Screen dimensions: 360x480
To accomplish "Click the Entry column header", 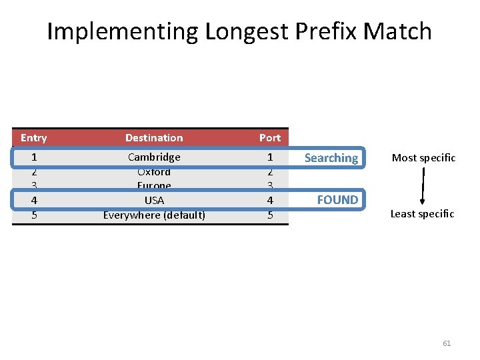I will (x=33, y=138).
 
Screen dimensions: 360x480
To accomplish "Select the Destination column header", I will (x=154, y=138).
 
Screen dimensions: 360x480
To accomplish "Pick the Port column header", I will (x=270, y=138).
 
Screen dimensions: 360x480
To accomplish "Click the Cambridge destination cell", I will (x=154, y=157).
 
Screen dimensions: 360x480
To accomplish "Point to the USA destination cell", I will (x=154, y=200).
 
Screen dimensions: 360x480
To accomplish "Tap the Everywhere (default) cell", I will (x=154, y=215).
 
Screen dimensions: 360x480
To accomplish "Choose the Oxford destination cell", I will (x=154, y=172).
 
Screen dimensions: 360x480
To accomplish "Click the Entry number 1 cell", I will (x=33, y=157).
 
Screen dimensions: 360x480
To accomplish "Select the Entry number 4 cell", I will (x=33, y=200).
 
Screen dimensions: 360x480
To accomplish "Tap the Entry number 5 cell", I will (x=33, y=215).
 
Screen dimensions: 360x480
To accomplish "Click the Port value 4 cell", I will (x=270, y=200).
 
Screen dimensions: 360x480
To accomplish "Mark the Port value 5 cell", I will (x=270, y=215).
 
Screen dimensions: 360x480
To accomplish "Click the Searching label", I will (x=331, y=158).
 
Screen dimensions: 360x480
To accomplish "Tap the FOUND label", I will (x=337, y=199).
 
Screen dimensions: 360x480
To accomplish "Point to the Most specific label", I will (x=423, y=158).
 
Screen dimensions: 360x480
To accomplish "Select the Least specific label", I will (x=422, y=214).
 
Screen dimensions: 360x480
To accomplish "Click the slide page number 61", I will (x=447, y=343).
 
